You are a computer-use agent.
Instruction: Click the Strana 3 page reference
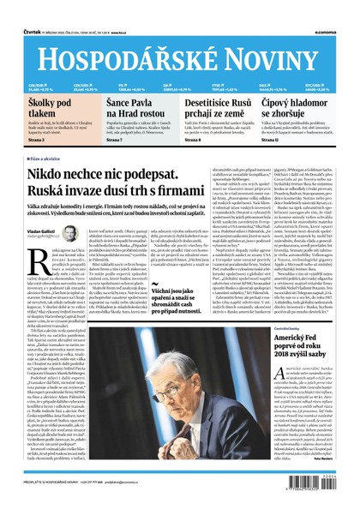[x=37, y=140]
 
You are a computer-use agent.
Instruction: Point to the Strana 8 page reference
[x=196, y=140]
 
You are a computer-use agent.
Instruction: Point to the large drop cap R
[x=36, y=261]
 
